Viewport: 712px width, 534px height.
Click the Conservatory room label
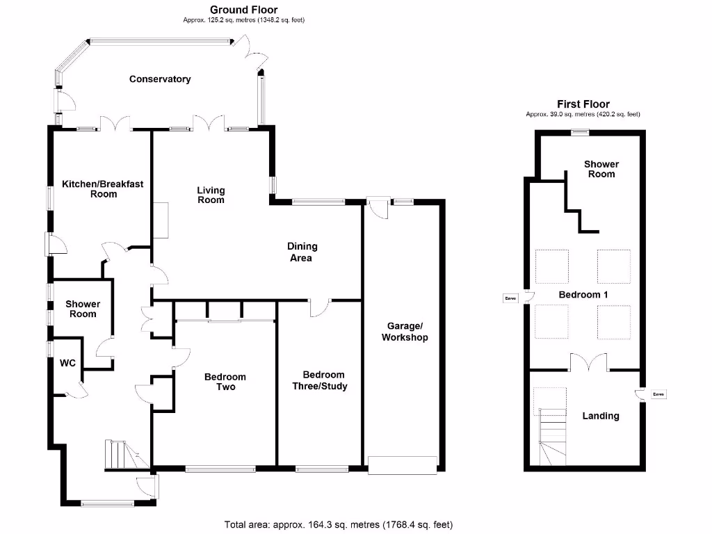(x=160, y=79)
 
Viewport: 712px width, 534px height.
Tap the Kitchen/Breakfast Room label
(x=103, y=189)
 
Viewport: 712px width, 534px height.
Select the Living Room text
(x=211, y=195)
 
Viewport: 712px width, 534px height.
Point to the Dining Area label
(x=302, y=252)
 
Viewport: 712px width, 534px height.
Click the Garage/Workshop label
(x=405, y=332)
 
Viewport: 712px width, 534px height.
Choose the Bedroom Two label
(x=225, y=382)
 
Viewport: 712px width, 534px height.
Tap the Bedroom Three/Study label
(x=320, y=380)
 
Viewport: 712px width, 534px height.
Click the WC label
(x=67, y=363)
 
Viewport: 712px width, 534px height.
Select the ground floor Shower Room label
(x=83, y=309)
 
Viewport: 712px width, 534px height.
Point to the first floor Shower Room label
(x=601, y=169)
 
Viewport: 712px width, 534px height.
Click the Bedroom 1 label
(x=583, y=295)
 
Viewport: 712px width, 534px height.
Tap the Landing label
(x=601, y=416)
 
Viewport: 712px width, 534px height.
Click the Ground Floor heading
(x=244, y=10)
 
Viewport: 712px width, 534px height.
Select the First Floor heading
(x=583, y=104)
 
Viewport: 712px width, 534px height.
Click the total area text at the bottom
(x=339, y=525)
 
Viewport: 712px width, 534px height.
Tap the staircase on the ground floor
(x=127, y=454)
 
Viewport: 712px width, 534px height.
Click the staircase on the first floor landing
(x=553, y=437)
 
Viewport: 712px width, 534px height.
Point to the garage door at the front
(x=403, y=465)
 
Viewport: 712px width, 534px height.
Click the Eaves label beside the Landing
(x=658, y=394)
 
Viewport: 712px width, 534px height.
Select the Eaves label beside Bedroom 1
(x=511, y=298)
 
